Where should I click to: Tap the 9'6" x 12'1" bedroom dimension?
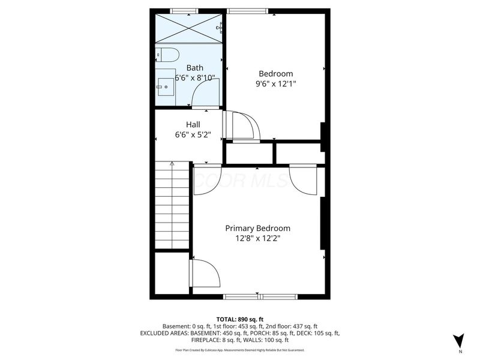(275, 84)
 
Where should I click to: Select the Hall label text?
(193, 124)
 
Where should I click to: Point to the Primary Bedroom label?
(257, 228)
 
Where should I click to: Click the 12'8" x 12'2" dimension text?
(257, 238)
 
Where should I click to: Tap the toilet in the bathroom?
(168, 55)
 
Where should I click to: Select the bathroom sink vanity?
(166, 88)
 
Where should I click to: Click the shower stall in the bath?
(190, 27)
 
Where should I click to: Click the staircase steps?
(173, 204)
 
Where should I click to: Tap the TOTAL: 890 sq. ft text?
(240, 319)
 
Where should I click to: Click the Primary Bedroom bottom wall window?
(260, 296)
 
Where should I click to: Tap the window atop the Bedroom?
(247, 10)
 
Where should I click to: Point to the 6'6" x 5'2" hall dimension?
(193, 135)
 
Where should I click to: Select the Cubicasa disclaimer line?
(240, 350)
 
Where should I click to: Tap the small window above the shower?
(184, 10)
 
